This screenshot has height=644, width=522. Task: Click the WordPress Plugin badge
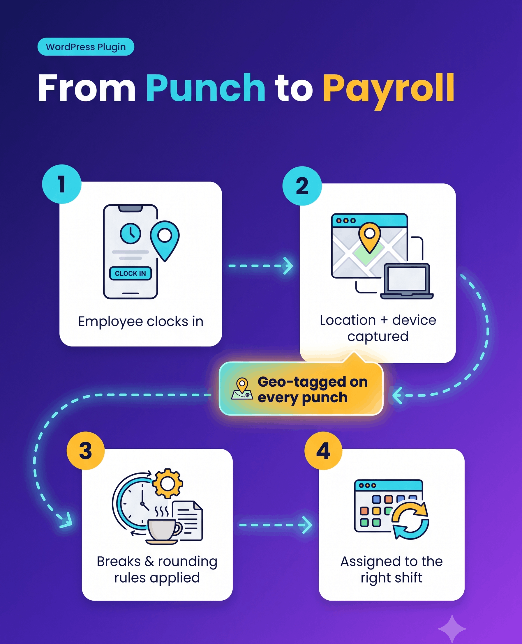[x=86, y=47]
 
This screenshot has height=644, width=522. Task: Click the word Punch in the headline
[x=206, y=88]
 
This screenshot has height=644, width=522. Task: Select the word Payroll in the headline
[x=389, y=91]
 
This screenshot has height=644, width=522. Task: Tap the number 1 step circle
[x=62, y=184]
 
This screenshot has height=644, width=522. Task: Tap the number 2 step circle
[x=302, y=186]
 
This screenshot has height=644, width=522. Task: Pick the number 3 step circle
[x=86, y=451]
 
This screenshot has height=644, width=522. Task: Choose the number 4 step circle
[x=323, y=451]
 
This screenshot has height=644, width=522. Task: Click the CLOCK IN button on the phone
[x=130, y=273]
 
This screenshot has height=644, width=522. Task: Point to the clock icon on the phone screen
[x=130, y=233]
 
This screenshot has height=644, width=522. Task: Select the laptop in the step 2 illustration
[x=407, y=281]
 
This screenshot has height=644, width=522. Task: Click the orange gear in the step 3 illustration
[x=167, y=484]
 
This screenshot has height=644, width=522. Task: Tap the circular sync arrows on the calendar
[x=410, y=520]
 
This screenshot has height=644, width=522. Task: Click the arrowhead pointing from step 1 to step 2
[x=288, y=266]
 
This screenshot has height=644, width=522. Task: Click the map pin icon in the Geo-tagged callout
[x=242, y=389]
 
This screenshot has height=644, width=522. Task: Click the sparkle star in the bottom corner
[x=452, y=629]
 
